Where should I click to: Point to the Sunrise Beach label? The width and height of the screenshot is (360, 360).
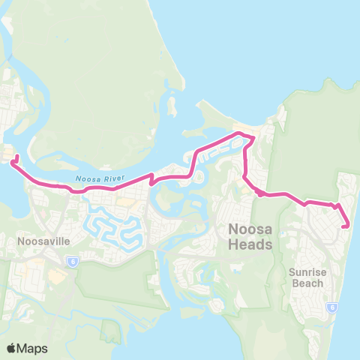(307, 277)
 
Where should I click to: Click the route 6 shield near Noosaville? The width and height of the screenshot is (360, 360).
(71, 261)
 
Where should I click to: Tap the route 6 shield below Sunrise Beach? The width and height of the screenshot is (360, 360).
(331, 307)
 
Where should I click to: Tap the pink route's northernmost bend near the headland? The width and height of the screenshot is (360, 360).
(240, 133)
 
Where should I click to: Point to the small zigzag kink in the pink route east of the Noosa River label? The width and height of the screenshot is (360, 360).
(152, 179)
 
